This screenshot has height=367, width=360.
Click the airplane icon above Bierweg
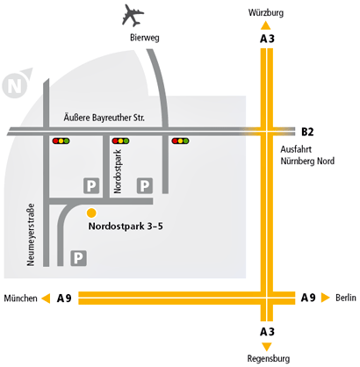coord(133,15)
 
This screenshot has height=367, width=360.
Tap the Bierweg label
coord(145,38)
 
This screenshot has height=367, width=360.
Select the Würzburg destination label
coord(266,12)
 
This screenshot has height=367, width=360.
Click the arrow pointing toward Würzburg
coord(265,25)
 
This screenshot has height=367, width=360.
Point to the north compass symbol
coord(17,83)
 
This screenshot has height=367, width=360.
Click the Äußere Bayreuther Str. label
coord(104,118)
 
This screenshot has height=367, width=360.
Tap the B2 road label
coord(307,132)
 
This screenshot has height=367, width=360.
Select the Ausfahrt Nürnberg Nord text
coord(307,155)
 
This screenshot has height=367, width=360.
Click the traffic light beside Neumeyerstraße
coord(61,140)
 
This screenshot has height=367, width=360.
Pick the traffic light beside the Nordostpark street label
coord(120,140)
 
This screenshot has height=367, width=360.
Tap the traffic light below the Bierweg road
coord(180,140)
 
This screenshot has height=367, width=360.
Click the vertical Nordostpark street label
coord(118,171)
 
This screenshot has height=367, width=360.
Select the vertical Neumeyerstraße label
coord(31,234)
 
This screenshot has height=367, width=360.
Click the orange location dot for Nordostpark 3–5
coord(91,212)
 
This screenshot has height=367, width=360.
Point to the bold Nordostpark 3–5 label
coord(126,227)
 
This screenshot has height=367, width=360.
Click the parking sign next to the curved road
coord(78,258)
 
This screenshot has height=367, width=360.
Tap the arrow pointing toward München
coord(46,299)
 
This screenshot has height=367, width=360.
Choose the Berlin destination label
coord(346,298)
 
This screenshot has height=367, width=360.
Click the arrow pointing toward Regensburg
coord(267,347)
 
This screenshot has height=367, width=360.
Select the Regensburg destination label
coord(269,358)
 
